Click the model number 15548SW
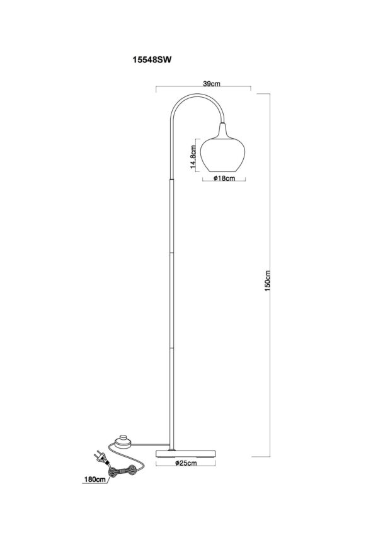coord(152,60)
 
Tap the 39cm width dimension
coord(212,84)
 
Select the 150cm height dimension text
coord(268,281)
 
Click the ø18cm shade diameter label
coord(224,178)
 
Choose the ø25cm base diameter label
coord(186,463)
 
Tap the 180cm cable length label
coord(94,480)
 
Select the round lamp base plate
coord(186,454)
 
